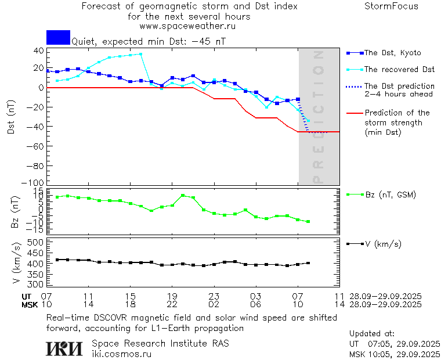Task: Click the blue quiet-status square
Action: (58, 38)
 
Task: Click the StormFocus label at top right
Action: (391, 7)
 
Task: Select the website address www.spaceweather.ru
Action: (187, 26)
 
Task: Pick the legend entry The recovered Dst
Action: (399, 70)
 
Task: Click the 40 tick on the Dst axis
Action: (39, 51)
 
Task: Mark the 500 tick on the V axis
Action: (37, 242)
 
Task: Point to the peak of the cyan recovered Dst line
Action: (140, 54)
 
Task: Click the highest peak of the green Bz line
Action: (183, 196)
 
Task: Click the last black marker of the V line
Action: (308, 263)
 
